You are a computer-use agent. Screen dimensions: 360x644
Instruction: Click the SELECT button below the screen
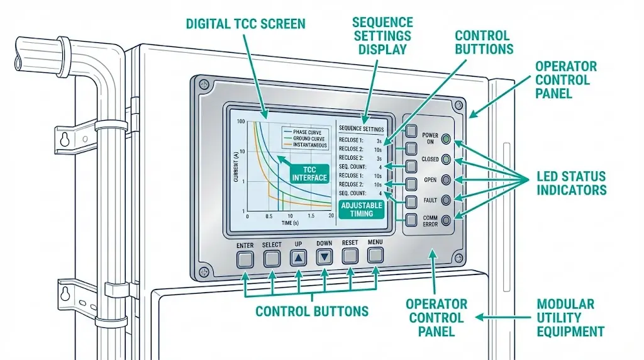272,257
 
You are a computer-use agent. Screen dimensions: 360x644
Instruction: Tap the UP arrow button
298,257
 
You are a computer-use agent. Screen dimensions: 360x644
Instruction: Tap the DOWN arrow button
324,257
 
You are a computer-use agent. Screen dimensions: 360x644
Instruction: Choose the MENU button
375,255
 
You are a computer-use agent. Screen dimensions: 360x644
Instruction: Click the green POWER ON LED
446,138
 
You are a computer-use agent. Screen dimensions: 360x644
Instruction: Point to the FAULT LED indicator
446,200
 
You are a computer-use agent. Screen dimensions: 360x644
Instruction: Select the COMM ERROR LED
446,220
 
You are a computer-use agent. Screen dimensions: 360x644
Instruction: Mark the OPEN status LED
446,179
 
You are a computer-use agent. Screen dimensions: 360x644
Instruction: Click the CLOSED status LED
446,159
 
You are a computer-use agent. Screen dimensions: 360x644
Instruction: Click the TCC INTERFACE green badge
309,173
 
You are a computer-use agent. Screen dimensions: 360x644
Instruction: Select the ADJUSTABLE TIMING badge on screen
357,210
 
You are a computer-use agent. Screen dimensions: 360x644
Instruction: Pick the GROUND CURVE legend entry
306,138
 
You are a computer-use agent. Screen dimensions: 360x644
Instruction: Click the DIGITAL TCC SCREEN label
246,25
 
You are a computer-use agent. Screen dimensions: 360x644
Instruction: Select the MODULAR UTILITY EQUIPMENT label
570,318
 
